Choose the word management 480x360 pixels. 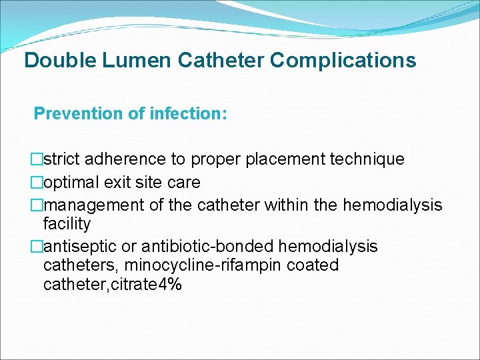pyautogui.click(x=89, y=205)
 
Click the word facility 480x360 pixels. pyautogui.click(x=67, y=223)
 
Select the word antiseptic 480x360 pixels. pyautogui.click(x=76, y=247)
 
